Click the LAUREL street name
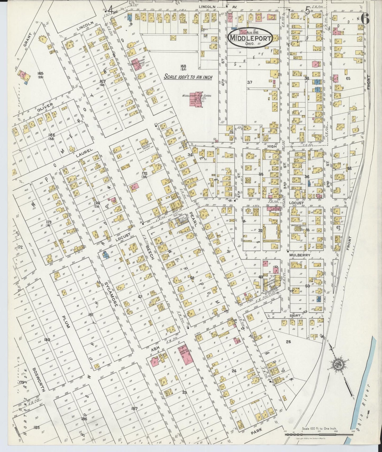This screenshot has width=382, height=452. pyautogui.click(x=84, y=153)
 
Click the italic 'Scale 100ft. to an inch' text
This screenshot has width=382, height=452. pyautogui.click(x=188, y=77)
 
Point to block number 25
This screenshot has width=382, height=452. pyautogui.click(x=288, y=342)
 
